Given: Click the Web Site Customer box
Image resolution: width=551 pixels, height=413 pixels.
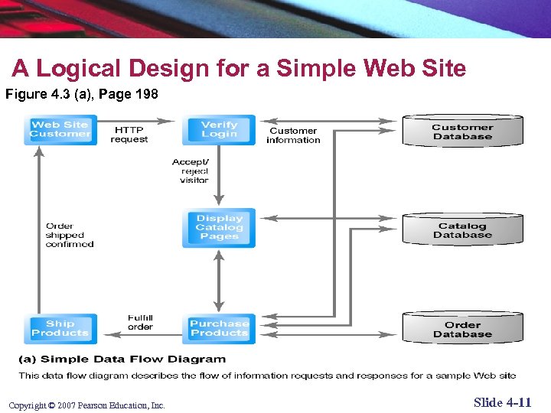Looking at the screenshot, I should (60, 129).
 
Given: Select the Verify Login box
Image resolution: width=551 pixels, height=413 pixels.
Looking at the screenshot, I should (219, 129).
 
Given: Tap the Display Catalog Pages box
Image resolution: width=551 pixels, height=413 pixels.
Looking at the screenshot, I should (219, 227).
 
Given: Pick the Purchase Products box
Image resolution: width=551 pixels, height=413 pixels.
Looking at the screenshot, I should (219, 328).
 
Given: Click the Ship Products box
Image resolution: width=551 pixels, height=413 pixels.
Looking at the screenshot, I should (60, 328).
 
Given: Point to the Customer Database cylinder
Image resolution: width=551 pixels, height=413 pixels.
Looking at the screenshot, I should (462, 132).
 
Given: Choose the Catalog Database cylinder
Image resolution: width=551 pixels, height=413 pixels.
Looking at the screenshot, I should (462, 229).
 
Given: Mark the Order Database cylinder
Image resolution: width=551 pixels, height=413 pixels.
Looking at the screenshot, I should (462, 329).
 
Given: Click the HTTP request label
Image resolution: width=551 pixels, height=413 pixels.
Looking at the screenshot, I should (129, 135).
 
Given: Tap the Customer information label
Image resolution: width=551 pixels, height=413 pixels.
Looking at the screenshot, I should (293, 135).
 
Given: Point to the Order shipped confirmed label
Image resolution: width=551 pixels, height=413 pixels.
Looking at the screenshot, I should (70, 235).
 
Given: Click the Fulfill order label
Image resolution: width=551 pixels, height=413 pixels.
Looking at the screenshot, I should (140, 322).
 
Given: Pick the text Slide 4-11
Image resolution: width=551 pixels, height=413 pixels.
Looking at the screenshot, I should (502, 402).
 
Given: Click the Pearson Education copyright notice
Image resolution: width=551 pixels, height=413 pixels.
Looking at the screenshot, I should (86, 405).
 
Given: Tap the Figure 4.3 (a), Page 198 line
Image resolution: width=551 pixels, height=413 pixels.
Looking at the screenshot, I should (82, 95).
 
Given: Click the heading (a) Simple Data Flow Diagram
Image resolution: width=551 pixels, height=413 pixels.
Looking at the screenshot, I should (122, 359).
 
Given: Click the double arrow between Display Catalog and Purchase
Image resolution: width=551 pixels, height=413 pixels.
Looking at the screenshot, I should (220, 280).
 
